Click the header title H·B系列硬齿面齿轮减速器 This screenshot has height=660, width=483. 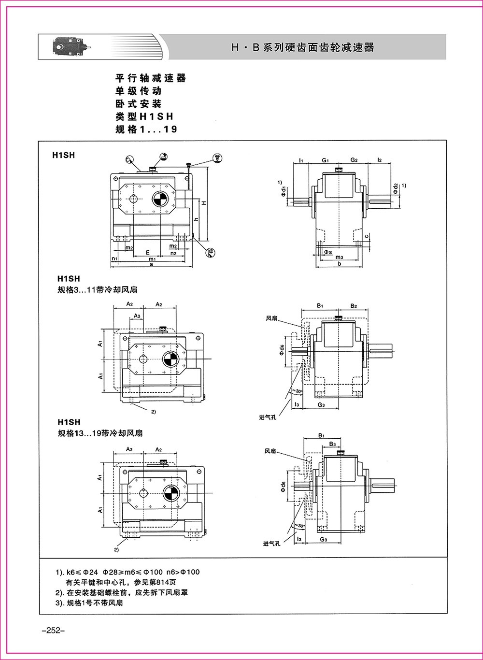pos(303,47)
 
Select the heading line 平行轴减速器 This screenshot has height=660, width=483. pos(151,78)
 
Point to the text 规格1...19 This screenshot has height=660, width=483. pos(146,129)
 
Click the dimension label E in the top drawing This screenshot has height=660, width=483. pos(147,253)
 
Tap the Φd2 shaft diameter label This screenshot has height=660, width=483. pos(396,188)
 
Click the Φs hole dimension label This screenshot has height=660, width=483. pos(327,252)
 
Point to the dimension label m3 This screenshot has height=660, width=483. pos(340,258)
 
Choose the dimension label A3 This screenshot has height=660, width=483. pos(137,316)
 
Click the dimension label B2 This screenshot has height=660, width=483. pos(354,306)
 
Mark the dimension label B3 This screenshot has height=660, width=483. pos(332,444)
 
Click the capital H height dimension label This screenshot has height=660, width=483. pos(204,203)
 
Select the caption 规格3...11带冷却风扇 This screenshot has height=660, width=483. pos(97,290)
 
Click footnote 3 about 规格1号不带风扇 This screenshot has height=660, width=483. pos(89,603)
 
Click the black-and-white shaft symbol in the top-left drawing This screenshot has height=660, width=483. pos(160,198)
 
